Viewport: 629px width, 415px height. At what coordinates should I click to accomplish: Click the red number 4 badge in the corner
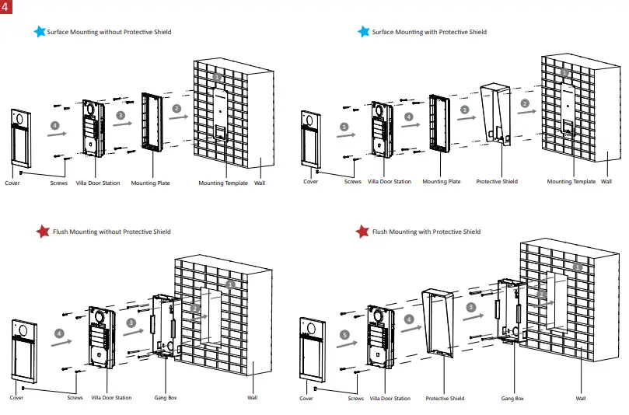7,7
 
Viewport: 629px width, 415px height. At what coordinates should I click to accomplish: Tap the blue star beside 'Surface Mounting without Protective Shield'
39,32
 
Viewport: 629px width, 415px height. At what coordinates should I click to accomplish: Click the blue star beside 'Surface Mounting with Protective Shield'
363,32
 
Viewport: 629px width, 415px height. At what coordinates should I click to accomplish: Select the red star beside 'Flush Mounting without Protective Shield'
43,232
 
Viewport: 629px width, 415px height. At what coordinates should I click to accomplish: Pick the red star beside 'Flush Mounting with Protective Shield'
362,232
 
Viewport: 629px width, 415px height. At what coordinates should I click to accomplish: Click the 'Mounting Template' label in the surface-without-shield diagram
223,183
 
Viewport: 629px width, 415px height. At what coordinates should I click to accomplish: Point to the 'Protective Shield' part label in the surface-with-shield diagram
497,182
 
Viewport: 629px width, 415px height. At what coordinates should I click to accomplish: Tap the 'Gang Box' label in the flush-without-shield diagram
166,398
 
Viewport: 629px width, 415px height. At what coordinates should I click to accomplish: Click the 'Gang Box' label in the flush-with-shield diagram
512,399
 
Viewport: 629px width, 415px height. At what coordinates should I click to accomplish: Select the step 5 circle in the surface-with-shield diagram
344,126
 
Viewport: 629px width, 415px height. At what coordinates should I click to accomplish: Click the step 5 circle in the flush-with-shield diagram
343,335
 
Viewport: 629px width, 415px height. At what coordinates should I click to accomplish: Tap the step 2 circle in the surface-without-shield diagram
177,108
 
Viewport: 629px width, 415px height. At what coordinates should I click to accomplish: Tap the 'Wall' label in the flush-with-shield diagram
580,399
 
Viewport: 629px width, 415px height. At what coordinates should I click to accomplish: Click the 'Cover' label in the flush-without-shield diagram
16,398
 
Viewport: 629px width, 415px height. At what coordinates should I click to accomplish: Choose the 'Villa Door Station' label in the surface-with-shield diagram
390,182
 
